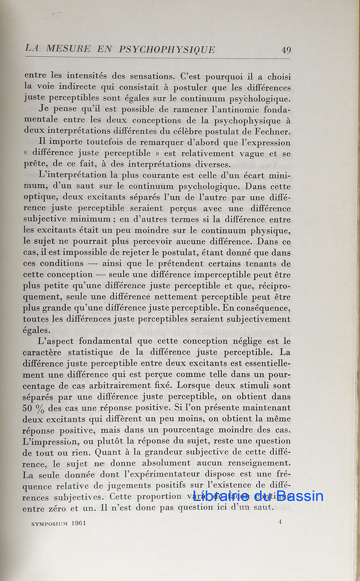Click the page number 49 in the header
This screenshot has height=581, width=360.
point(286,50)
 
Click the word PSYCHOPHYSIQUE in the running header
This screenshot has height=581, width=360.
point(167,49)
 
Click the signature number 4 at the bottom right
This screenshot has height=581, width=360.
point(280,521)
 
